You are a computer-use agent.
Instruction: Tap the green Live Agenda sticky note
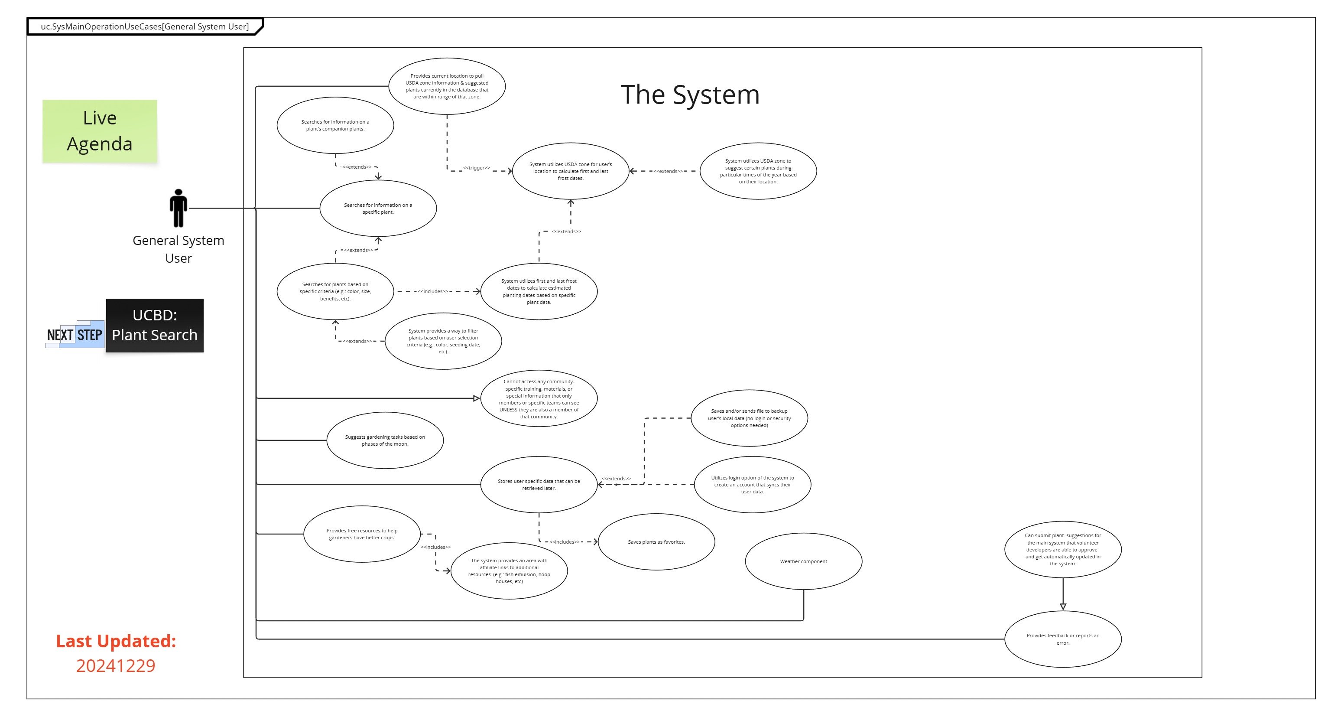click(100, 131)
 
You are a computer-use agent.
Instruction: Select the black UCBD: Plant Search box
click(155, 326)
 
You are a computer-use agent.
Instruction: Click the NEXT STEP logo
click(75, 335)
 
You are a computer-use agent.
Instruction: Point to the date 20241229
click(116, 665)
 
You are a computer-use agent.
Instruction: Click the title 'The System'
click(690, 95)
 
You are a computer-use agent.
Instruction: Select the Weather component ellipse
click(803, 561)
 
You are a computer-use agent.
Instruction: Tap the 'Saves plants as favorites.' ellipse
click(656, 542)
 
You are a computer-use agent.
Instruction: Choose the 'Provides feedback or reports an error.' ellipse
click(1063, 639)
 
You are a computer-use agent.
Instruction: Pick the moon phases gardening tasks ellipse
click(385, 440)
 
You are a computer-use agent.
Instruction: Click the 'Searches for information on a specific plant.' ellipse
click(378, 209)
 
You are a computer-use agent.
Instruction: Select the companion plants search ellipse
click(335, 125)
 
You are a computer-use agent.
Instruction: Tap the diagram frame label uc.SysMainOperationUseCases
click(145, 26)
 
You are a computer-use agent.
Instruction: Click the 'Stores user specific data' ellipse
click(539, 484)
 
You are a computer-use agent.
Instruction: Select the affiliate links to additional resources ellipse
click(509, 571)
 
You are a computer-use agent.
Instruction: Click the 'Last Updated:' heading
click(116, 641)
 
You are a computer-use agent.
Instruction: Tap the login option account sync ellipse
click(752, 484)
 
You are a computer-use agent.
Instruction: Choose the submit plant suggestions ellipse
click(1063, 549)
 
